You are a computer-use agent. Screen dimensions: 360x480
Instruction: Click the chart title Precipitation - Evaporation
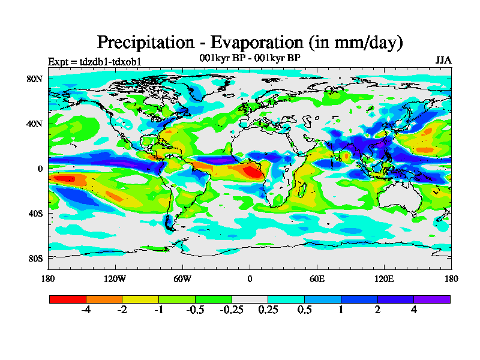pyautogui.click(x=250, y=43)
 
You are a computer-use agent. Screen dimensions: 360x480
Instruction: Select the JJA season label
pyautogui.click(x=443, y=61)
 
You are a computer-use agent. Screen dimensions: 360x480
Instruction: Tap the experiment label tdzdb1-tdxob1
pyautogui.click(x=94, y=62)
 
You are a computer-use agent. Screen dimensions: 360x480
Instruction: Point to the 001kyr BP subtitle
pyautogui.click(x=250, y=58)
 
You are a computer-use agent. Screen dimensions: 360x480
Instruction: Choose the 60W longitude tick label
pyautogui.click(x=182, y=278)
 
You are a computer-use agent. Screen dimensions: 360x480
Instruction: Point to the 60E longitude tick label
pyautogui.click(x=317, y=278)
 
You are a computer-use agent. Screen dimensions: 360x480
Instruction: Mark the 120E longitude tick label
pyautogui.click(x=384, y=278)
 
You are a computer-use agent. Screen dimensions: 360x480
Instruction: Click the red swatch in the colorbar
pyautogui.click(x=68, y=299)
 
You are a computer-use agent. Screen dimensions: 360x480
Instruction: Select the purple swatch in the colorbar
pyautogui.click(x=432, y=299)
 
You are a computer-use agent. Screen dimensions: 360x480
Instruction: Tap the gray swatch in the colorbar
pyautogui.click(x=250, y=299)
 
